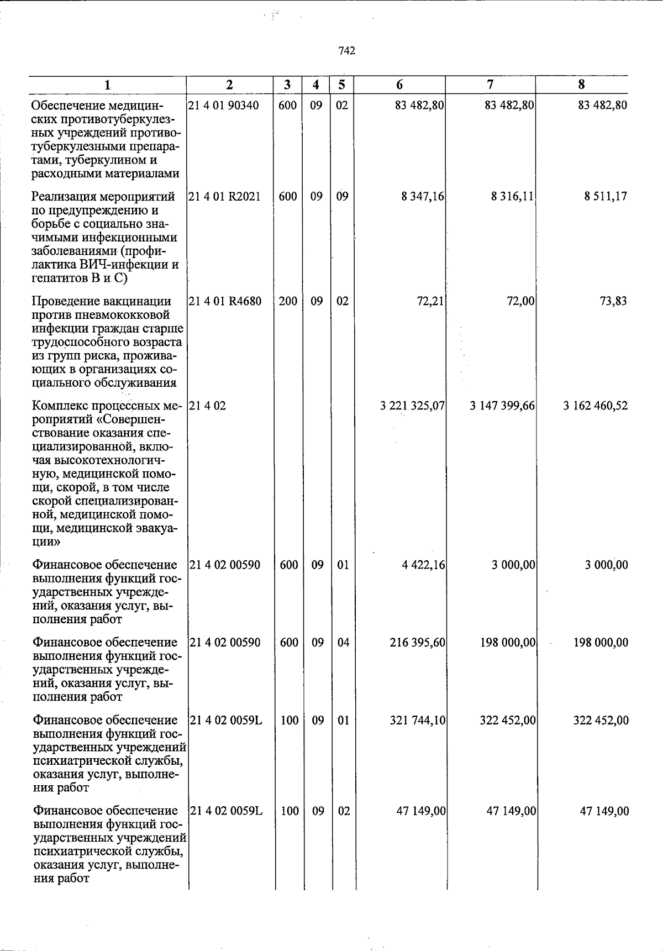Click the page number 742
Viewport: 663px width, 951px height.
(x=346, y=51)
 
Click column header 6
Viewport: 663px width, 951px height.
(x=399, y=85)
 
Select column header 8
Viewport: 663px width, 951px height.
(x=581, y=85)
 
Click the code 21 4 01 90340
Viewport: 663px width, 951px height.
(x=223, y=105)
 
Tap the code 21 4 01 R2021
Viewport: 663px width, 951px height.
(x=224, y=196)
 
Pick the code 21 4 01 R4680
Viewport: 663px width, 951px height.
(x=225, y=301)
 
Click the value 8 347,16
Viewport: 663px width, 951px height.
(x=423, y=196)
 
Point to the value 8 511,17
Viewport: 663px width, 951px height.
(x=606, y=196)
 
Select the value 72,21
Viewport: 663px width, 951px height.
(x=431, y=301)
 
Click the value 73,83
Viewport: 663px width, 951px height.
(x=613, y=301)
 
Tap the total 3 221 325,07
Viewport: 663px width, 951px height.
(x=412, y=406)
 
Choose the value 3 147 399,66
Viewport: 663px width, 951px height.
(x=502, y=406)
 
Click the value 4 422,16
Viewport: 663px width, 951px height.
(x=424, y=565)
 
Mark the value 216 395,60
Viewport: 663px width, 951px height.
(x=418, y=642)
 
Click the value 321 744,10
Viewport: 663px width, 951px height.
(x=418, y=720)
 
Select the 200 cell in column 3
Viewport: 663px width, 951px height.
(x=288, y=301)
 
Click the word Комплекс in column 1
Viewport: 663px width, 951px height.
(x=57, y=406)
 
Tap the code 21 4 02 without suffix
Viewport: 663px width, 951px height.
(x=207, y=406)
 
